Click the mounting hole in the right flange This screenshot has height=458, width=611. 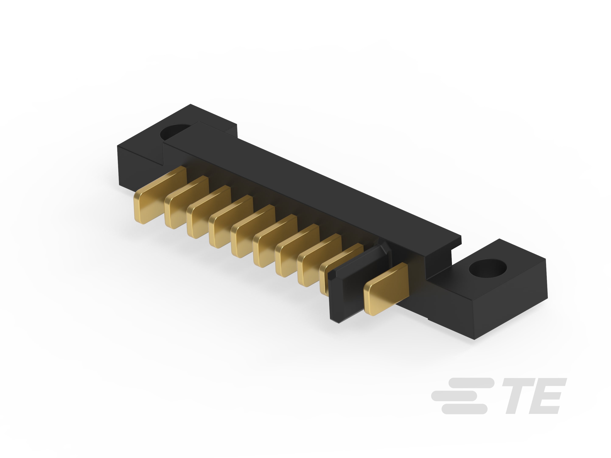(x=488, y=268)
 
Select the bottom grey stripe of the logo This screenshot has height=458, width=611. (x=464, y=409)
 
